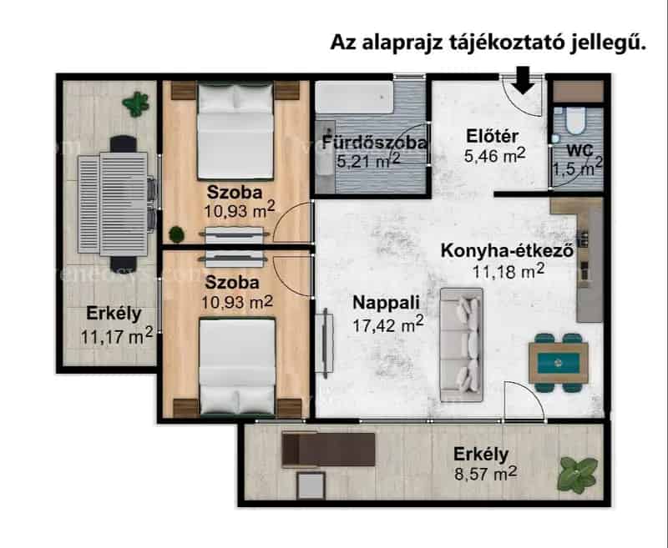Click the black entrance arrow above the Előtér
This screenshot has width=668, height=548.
pos(524,80)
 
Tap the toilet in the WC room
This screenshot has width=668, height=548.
pos(575,119)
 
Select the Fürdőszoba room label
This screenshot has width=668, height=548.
pos(374,143)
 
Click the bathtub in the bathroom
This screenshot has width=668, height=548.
pos(354,97)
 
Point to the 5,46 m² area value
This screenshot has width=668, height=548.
pos(494,155)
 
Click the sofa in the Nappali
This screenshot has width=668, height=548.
pos(462,344)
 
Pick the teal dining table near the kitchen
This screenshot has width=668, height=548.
pos(559,363)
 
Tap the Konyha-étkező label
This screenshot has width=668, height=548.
pos(507,250)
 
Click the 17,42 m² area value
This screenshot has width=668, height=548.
pos(388,324)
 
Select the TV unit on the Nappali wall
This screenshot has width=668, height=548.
pos(325,343)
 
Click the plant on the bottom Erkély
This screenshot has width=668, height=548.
pos(578,475)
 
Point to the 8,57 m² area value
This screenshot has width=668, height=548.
pos(486,473)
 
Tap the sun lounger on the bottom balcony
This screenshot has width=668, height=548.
pos(328,450)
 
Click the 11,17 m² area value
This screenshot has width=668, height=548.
pos(117,336)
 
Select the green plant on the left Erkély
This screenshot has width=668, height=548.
pos(135,104)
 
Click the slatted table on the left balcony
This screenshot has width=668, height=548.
pos(113,204)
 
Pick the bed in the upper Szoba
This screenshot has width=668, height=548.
pos(235,131)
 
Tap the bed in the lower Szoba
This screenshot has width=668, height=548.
pos(237,366)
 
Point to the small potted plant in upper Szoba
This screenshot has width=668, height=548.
pos(176,234)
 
